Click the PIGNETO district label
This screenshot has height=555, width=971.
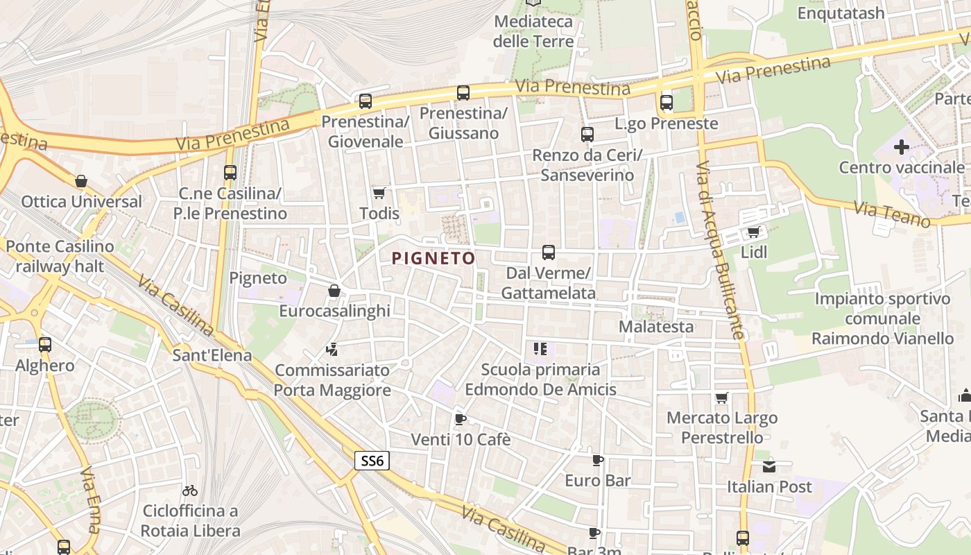tap(433, 259)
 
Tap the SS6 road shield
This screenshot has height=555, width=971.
tap(372, 460)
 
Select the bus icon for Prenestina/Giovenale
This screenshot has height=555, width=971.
tap(366, 101)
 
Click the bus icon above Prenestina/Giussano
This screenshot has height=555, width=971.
tap(463, 92)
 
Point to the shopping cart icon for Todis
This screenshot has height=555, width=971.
tap(379, 193)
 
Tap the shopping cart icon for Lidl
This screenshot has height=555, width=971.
tap(753, 232)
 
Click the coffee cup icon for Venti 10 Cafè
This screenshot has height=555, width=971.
tap(460, 419)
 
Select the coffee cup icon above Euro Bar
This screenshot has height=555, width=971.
tap(598, 460)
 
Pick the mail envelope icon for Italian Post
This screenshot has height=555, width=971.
tap(768, 466)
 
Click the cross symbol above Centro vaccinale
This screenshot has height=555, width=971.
tap(902, 147)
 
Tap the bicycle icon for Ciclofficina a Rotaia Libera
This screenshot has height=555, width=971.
tap(190, 490)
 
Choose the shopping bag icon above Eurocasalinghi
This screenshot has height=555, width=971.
tap(334, 291)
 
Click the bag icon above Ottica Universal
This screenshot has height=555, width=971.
tap(81, 182)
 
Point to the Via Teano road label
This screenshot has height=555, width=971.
tap(891, 214)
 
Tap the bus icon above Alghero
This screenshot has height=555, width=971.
tap(45, 344)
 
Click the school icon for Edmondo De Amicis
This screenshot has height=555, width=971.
tap(540, 349)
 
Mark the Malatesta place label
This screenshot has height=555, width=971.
tap(655, 326)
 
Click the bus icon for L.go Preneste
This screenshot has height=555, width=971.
tap(667, 103)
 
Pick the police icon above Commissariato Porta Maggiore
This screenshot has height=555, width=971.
tap(332, 350)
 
